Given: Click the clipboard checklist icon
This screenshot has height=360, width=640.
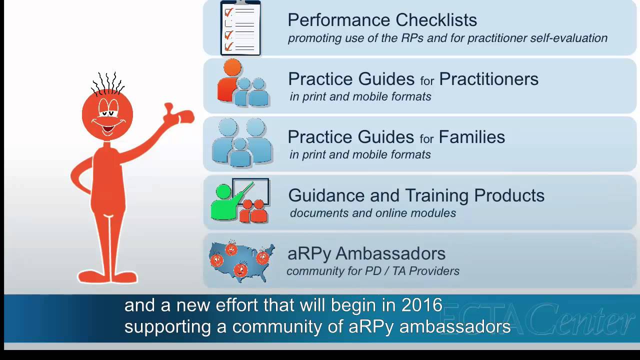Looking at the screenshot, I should point(240,28).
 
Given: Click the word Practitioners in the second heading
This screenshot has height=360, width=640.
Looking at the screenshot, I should point(488,79).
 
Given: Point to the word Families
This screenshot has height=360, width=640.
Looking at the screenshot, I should point(471,137).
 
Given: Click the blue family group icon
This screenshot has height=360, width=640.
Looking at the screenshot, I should point(242,143).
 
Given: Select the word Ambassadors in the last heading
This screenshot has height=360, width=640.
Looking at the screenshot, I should point(390,253).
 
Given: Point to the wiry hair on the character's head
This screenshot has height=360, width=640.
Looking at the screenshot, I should point(107,83).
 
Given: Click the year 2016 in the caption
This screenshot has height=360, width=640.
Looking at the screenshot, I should point(421,305).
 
